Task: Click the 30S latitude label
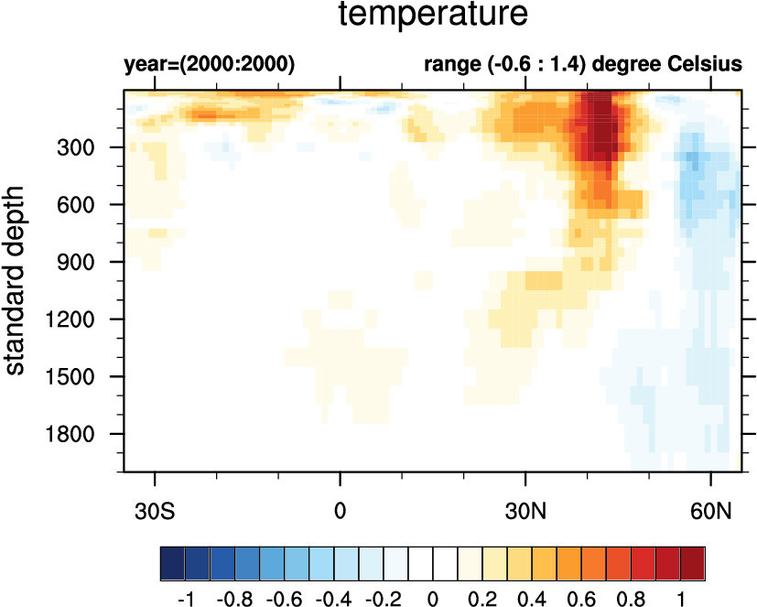[155, 508]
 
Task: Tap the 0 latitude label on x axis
[341, 508]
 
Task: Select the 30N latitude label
[525, 508]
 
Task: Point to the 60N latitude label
[710, 508]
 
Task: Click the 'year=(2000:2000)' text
[209, 65]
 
